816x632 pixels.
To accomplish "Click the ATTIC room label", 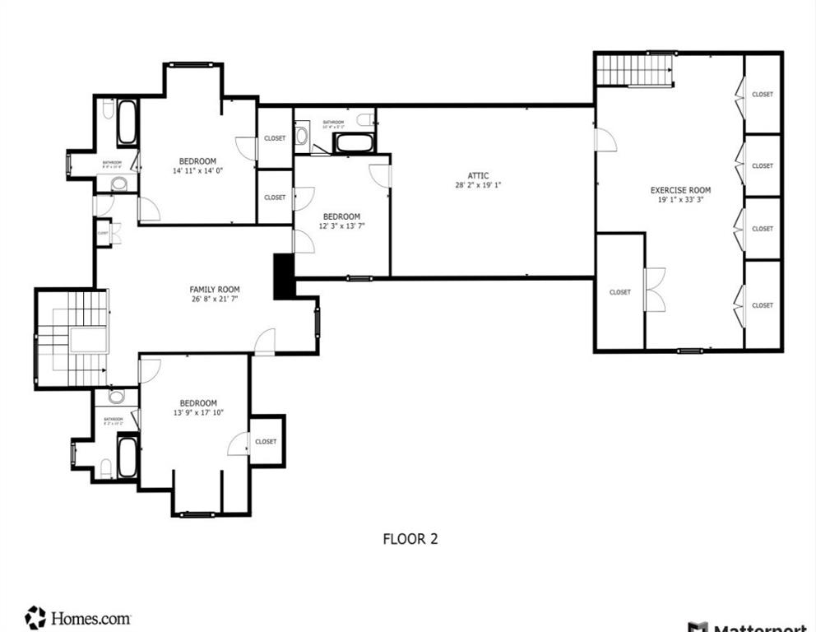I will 478,175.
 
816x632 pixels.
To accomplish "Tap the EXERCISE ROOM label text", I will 680,190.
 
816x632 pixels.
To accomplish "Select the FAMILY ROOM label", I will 215,289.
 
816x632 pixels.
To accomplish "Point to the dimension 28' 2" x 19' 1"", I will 478,185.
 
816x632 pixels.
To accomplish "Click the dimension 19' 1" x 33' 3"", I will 680,200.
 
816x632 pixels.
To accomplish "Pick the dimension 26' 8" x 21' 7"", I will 215,299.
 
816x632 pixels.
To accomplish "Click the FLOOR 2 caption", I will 410,539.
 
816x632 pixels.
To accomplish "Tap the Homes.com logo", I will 78,617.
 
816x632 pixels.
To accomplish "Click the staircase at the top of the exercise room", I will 634,70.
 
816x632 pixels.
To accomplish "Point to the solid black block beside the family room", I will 283,276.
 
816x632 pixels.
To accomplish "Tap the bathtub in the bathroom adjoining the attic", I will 354,143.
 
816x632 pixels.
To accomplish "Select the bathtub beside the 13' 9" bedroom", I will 127,457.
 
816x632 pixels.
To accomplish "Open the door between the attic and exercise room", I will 605,139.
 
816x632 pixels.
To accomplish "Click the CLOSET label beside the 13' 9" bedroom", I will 266,442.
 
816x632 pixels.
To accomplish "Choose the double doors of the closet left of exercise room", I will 654,290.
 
